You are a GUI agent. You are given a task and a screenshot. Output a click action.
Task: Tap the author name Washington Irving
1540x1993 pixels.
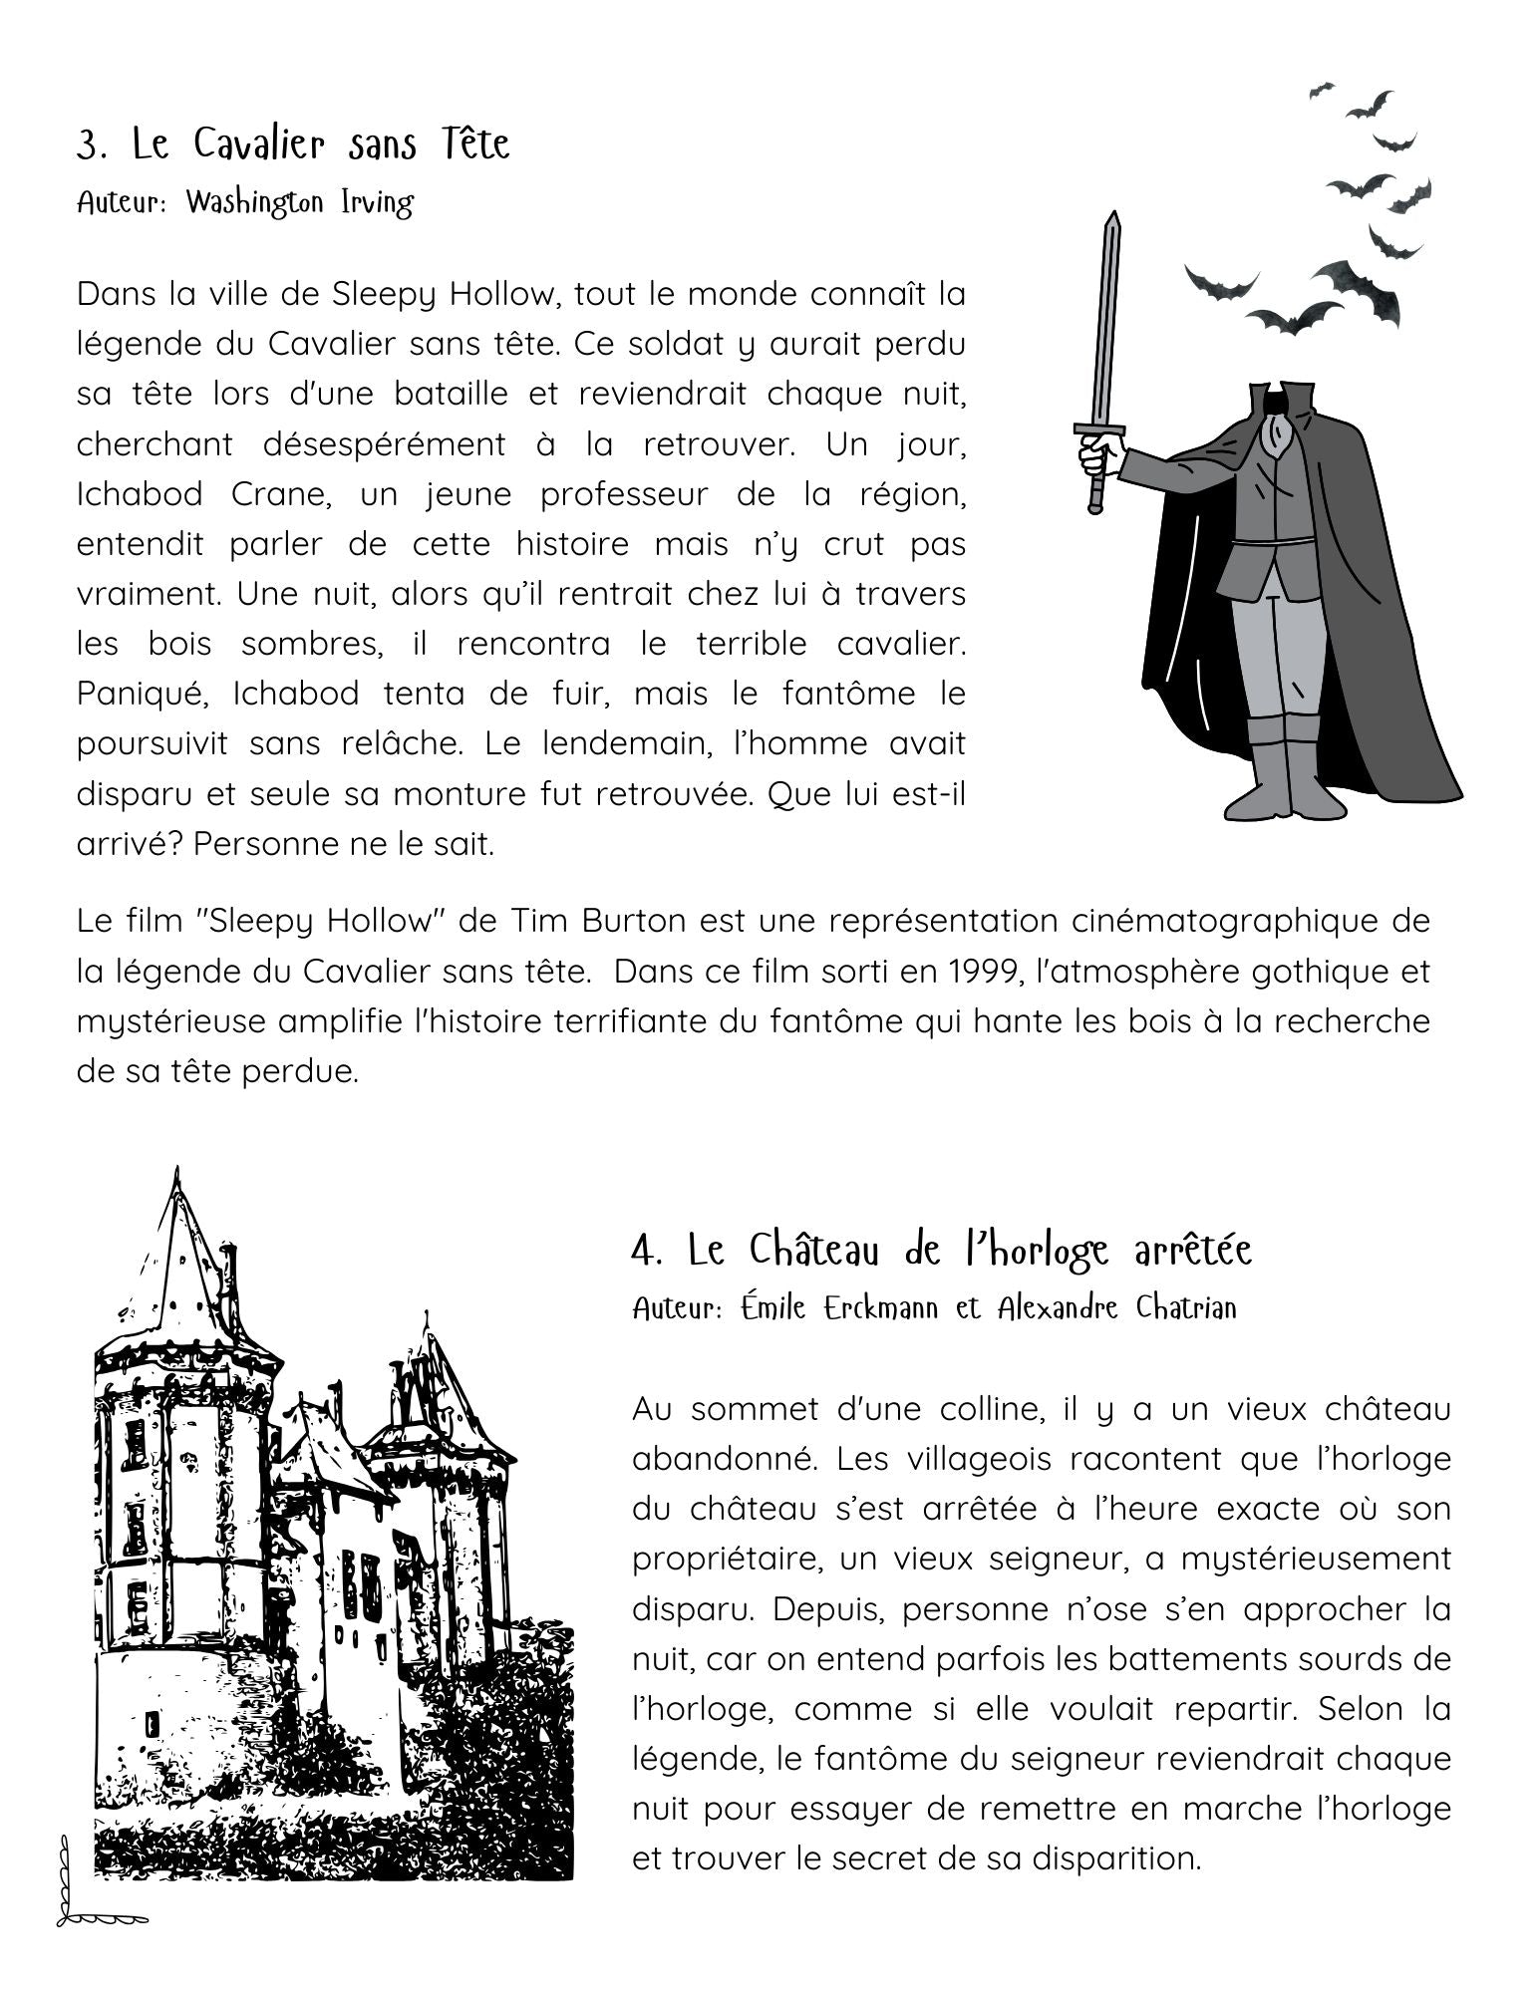pos(299,202)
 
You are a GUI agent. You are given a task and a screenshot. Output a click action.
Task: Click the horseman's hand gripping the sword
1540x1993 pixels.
pos(1100,453)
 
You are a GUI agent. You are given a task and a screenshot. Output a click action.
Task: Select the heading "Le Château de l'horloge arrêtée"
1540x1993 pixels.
pos(942,1249)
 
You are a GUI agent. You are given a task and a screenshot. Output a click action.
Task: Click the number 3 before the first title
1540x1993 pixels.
pos(91,145)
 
